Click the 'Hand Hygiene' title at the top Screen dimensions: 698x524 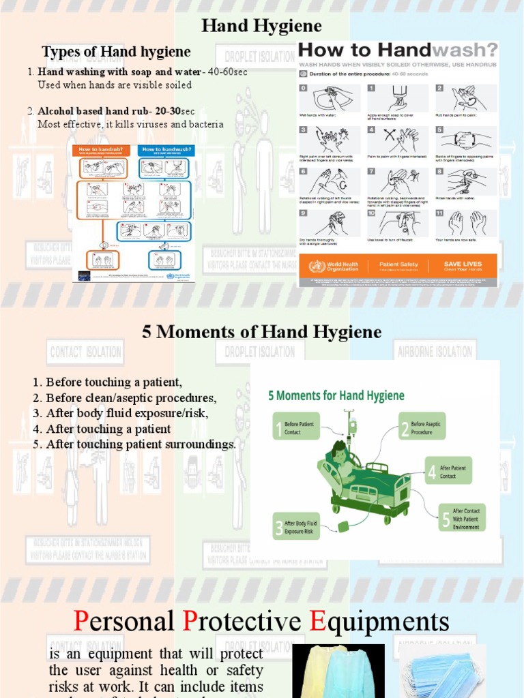point(262,27)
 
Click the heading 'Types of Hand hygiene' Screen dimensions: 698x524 point(116,52)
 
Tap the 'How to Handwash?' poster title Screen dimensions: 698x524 point(398,50)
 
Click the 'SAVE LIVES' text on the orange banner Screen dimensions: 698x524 point(462,264)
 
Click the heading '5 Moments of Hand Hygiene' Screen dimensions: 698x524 point(261,332)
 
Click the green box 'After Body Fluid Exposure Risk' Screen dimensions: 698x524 point(295,526)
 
